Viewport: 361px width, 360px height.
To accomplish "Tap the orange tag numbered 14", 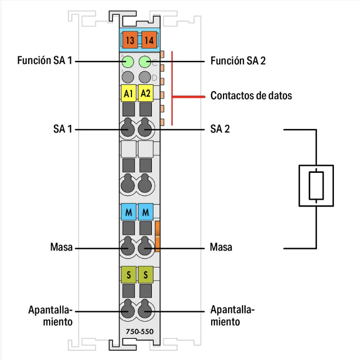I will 149,39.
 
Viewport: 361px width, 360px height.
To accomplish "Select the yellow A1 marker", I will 128,94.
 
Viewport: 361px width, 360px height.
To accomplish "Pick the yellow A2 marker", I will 146,94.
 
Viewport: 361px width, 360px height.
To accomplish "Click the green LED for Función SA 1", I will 128,62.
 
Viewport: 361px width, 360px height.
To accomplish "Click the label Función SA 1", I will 45,61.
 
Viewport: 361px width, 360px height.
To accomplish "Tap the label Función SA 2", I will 238,61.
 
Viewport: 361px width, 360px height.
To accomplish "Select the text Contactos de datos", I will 251,95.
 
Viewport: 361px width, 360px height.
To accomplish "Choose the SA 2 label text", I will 220,129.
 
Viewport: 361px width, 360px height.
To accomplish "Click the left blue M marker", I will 128,211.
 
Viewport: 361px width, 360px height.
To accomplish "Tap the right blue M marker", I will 146,211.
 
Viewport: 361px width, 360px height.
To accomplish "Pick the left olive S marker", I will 128,275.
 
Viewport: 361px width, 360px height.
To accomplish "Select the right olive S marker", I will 146,275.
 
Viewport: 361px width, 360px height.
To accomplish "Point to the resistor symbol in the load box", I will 317,185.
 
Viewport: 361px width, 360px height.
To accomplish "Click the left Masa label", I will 61,247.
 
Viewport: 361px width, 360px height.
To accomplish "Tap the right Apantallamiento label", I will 232,316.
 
